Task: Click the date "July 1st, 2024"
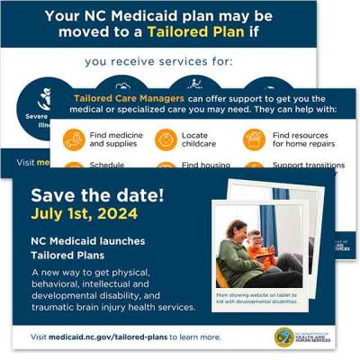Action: [85, 214]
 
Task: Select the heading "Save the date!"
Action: [86, 195]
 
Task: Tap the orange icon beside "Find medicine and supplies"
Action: [73, 139]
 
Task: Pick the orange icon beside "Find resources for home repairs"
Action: [253, 139]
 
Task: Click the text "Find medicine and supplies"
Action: [115, 139]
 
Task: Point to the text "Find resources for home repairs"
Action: [299, 139]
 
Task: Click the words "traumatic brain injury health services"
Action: [113, 307]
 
